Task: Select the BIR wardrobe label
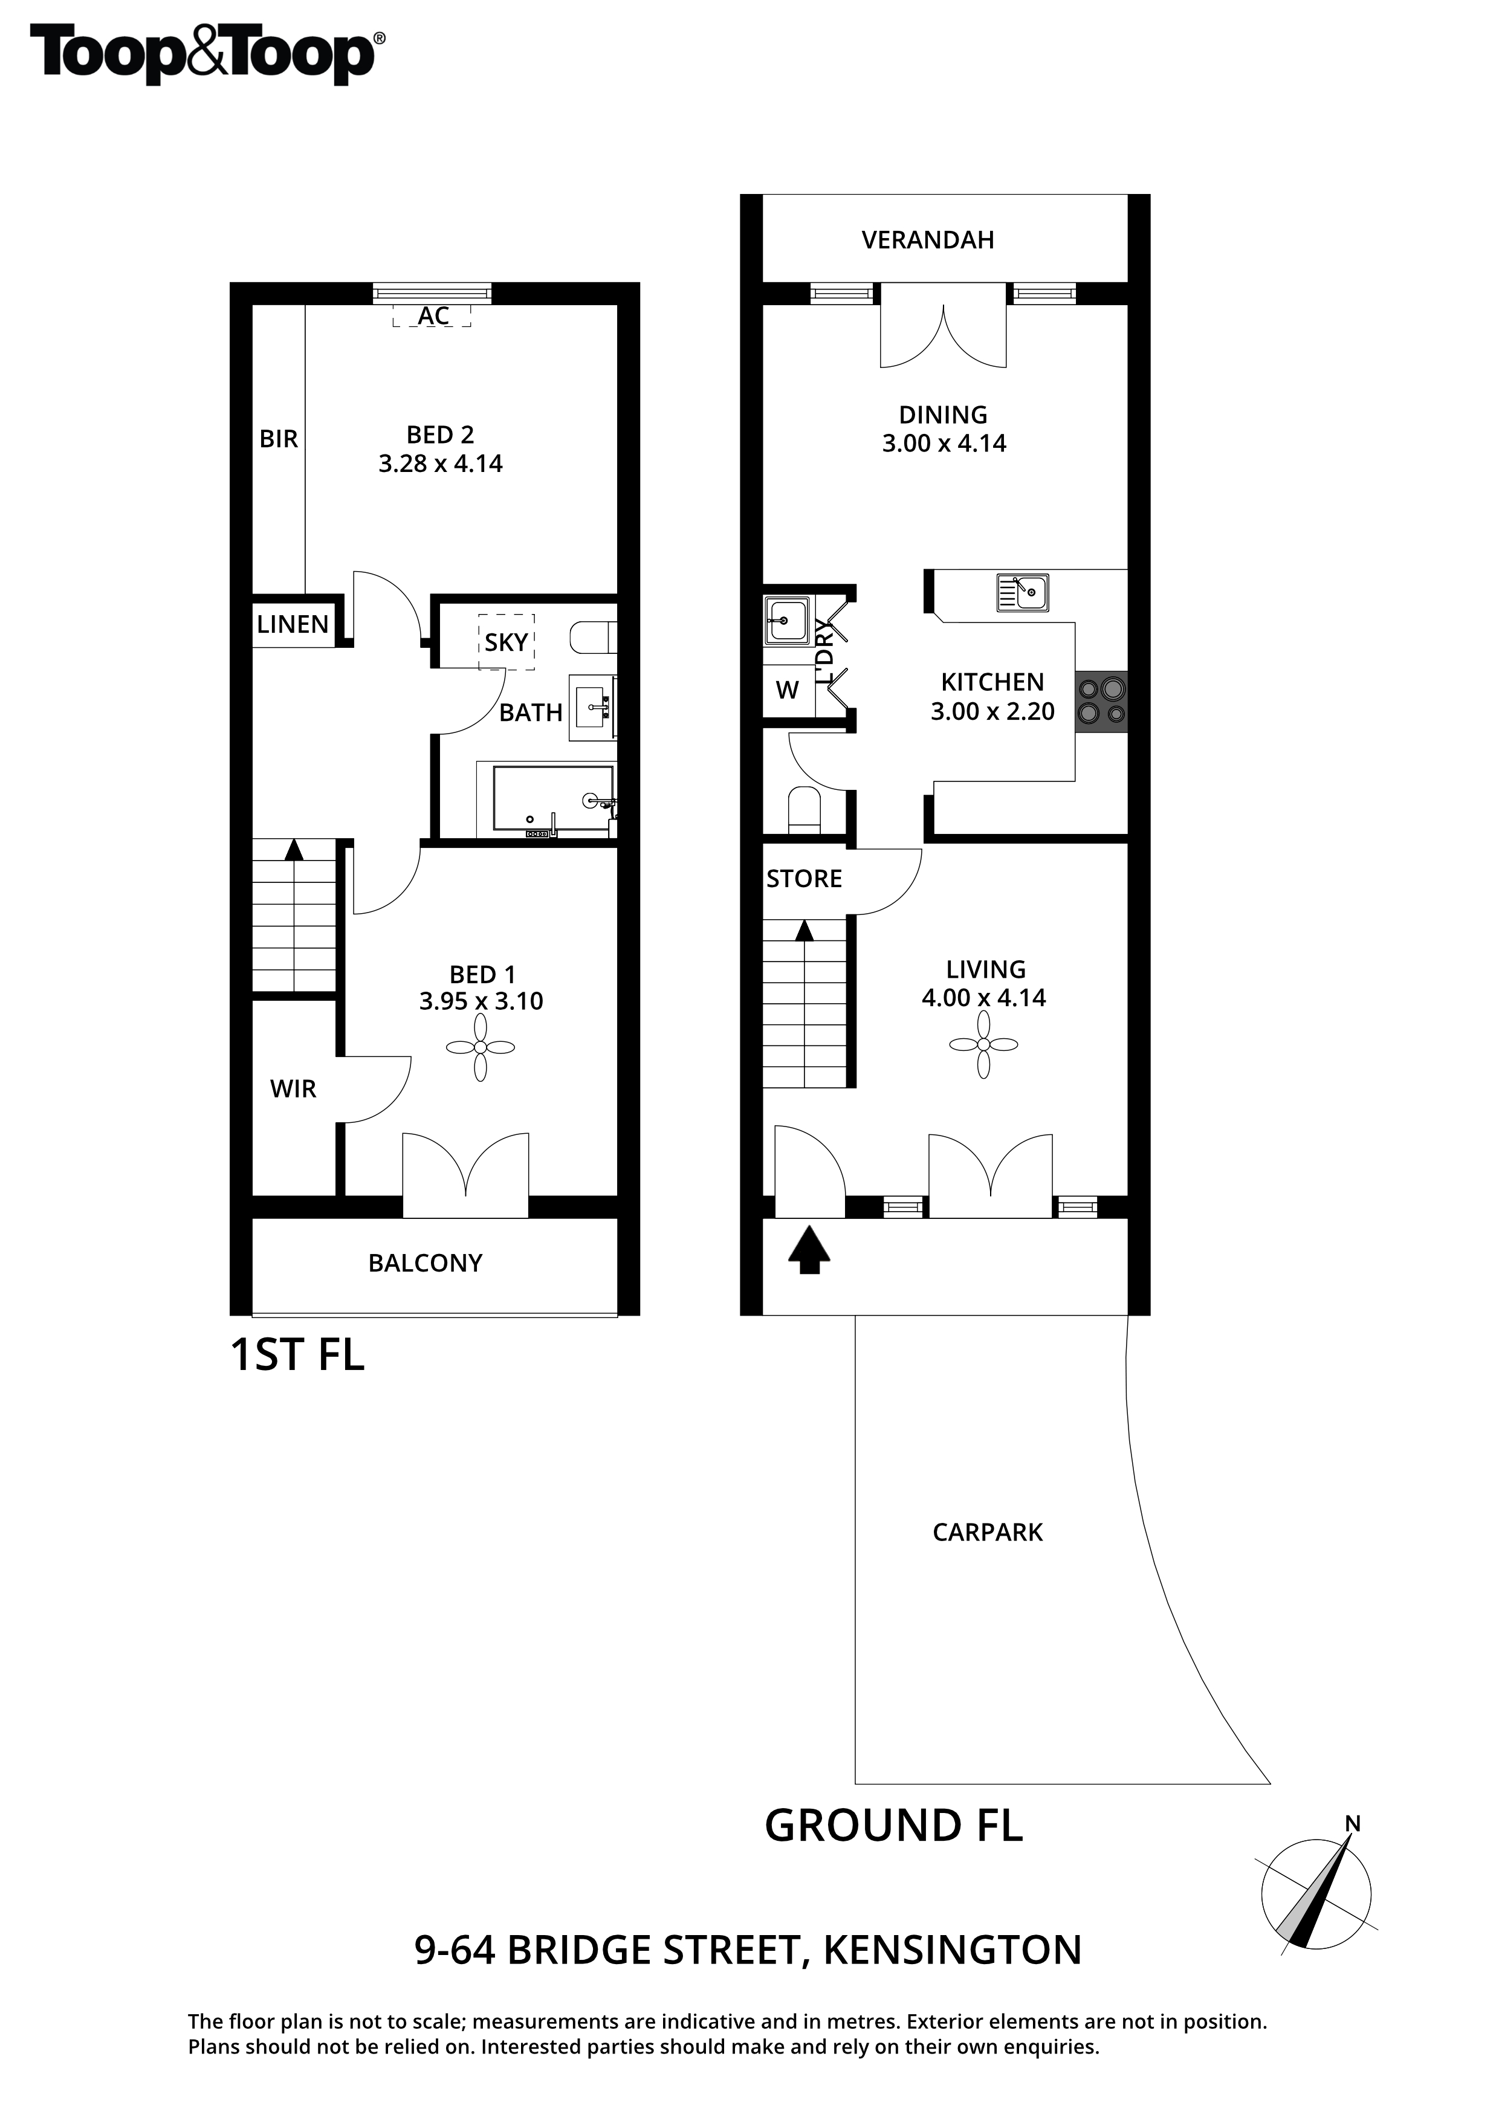pos(278,439)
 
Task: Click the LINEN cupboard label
pos(293,625)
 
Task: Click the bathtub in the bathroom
pos(552,800)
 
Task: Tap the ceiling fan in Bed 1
pos(481,1047)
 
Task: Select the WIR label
pos(293,1090)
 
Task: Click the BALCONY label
pos(425,1263)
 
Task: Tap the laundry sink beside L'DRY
pos(787,619)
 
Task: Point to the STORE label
pos(803,879)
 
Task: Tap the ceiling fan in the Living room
pos(983,1044)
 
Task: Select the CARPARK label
pos(987,1533)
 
